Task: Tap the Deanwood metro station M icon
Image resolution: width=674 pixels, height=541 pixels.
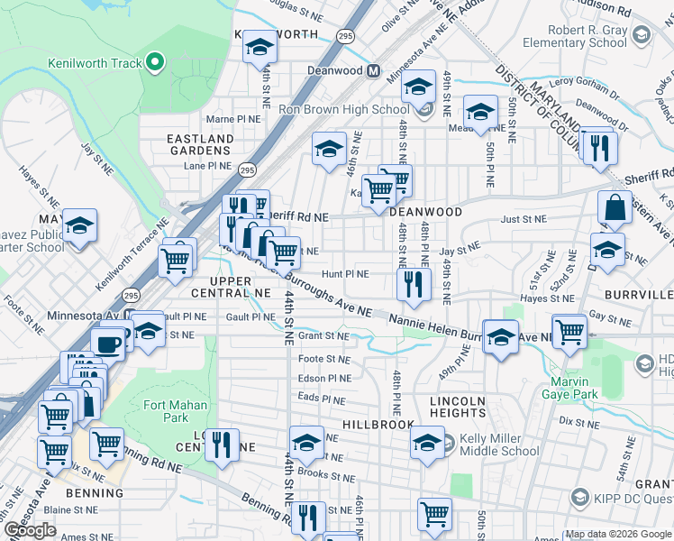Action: click(372, 70)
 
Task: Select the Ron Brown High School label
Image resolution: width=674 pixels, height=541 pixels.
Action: click(343, 110)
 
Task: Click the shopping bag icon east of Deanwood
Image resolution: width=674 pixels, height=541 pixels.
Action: click(614, 208)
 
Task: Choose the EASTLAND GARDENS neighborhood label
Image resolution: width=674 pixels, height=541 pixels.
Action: click(200, 144)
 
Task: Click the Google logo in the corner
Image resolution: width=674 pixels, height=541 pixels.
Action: click(30, 530)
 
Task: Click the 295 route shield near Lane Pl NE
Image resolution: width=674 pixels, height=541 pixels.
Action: click(247, 169)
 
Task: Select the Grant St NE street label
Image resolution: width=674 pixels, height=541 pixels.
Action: click(323, 335)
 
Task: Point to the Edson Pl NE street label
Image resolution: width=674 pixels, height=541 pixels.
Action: click(324, 379)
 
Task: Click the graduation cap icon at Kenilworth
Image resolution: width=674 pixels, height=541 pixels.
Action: click(260, 48)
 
